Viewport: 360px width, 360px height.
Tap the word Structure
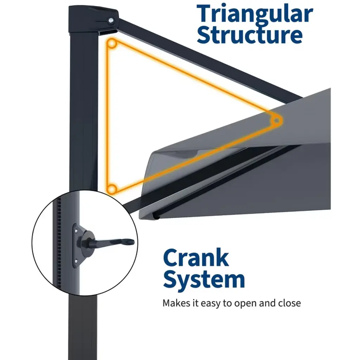(250, 35)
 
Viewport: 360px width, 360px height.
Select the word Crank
(196, 258)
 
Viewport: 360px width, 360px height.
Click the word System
(204, 280)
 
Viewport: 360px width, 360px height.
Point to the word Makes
(176, 303)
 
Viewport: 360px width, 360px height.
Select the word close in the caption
(289, 303)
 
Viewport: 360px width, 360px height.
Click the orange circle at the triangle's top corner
(112, 43)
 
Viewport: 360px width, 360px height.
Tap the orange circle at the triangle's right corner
(277, 121)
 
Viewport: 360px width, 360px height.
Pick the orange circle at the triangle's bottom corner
(112, 189)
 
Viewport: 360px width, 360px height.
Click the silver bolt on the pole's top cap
(111, 21)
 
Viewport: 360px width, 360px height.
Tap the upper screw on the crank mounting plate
(76, 230)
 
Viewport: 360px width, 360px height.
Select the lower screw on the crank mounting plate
(76, 261)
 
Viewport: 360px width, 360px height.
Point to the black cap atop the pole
(94, 20)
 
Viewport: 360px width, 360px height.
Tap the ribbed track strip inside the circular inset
(59, 243)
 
